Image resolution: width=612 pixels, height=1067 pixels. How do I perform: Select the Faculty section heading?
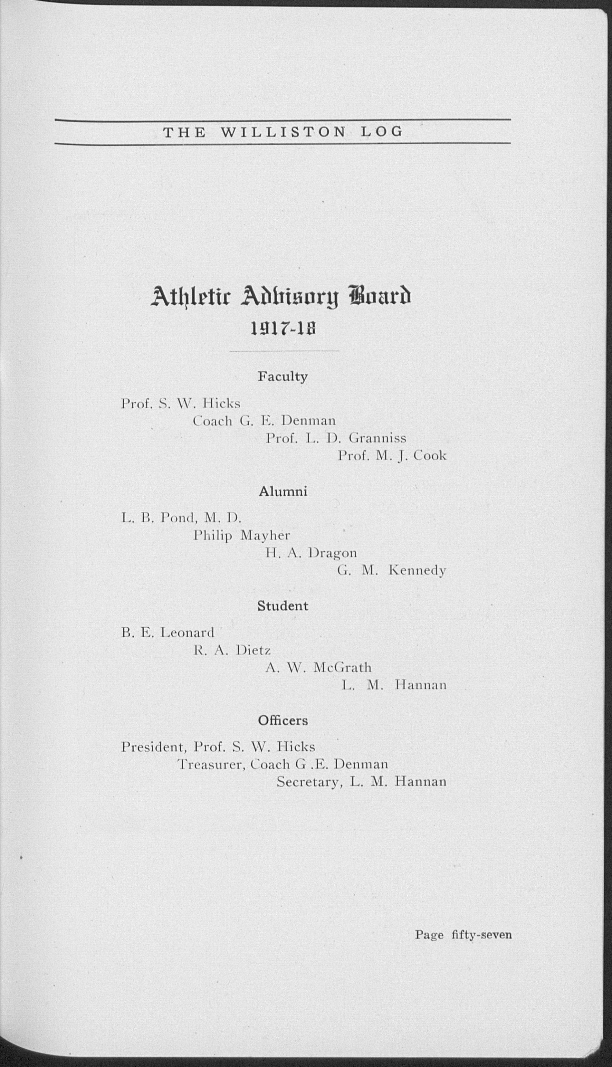pos(283,377)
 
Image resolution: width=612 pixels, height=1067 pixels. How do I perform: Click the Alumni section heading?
pos(283,491)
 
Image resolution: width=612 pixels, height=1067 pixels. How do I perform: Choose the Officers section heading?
pos(283,721)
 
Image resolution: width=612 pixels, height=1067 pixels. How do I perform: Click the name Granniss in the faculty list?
pos(377,439)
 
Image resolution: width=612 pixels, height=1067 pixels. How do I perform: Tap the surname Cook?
pos(430,456)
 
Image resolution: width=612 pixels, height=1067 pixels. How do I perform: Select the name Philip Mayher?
pos(242,536)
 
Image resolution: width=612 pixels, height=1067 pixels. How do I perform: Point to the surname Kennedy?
pos(417,571)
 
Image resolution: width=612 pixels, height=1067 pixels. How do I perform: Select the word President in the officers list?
pos(153,747)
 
